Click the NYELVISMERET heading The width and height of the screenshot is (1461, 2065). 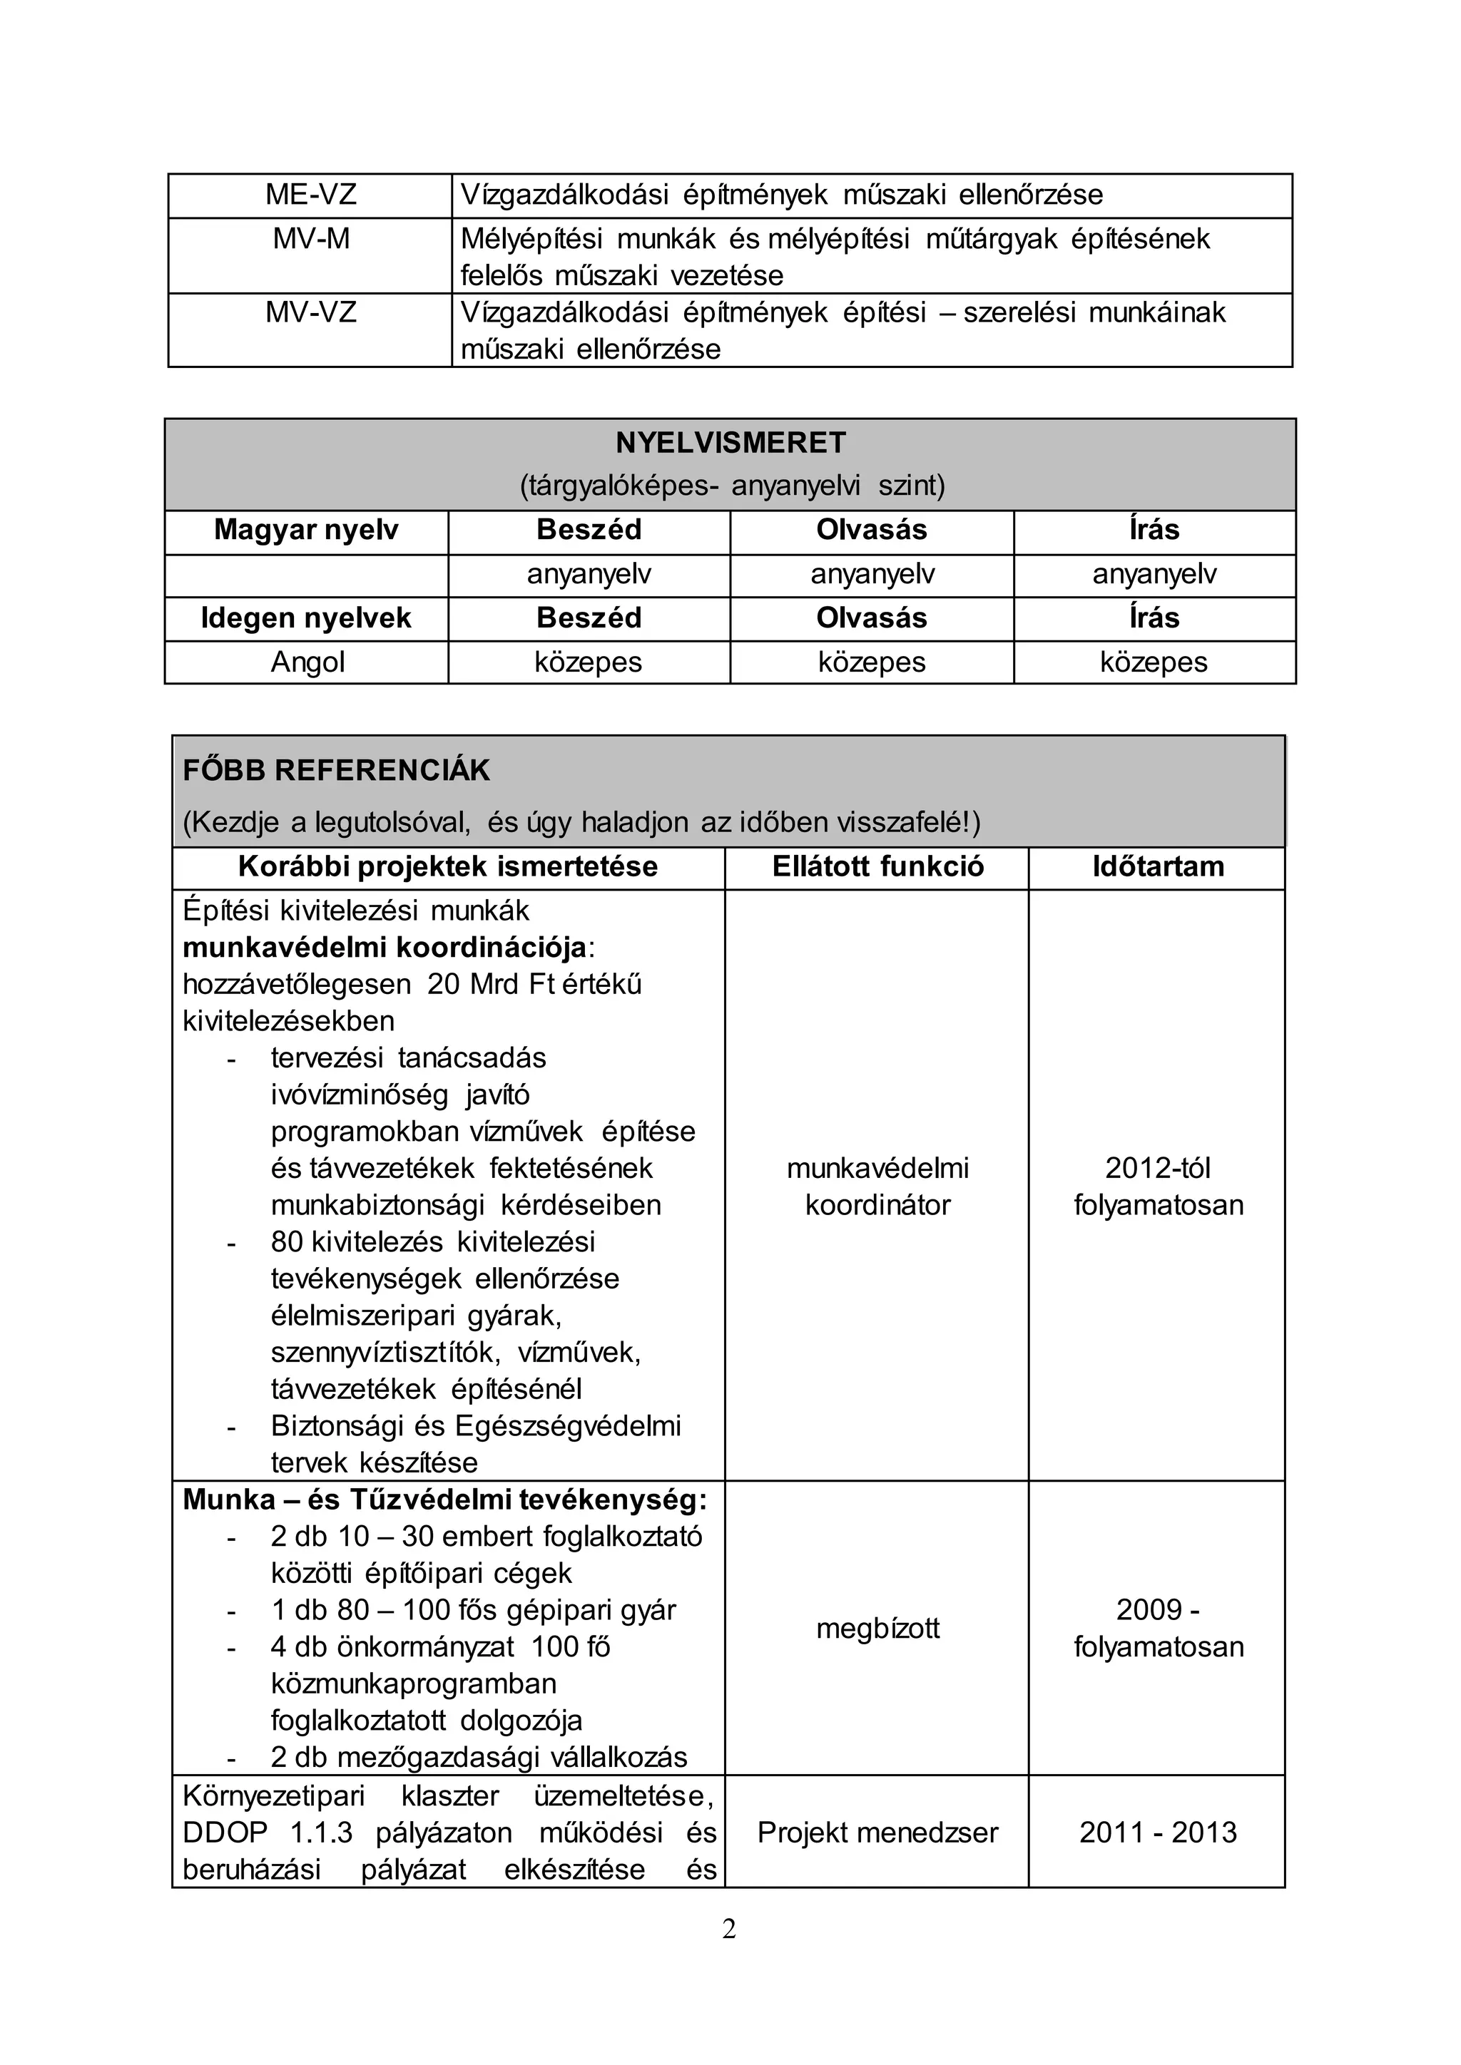coord(730,443)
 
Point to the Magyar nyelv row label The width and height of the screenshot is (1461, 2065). coord(306,530)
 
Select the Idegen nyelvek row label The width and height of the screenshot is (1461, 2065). coord(306,618)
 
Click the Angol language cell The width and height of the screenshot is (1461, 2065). coord(307,662)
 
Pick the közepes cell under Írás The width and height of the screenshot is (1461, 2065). coord(1154,662)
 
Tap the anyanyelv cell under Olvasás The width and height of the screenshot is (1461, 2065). coord(872,574)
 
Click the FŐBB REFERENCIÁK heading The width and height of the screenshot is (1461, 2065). coord(337,771)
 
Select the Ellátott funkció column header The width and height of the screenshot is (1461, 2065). coord(877,866)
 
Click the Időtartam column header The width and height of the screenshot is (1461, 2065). coord(1158,866)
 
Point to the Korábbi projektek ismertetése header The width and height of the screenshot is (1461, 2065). coord(448,866)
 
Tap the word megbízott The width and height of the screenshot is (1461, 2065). coord(877,1628)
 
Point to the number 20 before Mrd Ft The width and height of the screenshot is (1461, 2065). coord(444,984)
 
